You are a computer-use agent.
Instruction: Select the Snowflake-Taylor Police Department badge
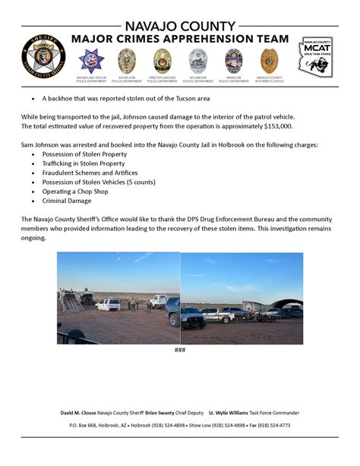click(x=92, y=60)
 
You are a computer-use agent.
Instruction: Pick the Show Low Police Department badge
click(x=127, y=60)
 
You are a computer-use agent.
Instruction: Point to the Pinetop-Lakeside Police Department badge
click(x=162, y=60)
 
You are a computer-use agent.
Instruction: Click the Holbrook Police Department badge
click(x=197, y=60)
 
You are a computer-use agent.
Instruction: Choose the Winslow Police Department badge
click(x=233, y=60)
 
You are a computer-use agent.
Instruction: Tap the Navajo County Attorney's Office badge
click(x=269, y=60)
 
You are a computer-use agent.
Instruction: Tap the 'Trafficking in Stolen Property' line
click(x=85, y=163)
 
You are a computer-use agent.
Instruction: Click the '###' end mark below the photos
click(x=179, y=350)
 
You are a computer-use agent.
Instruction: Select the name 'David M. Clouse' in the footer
click(x=81, y=413)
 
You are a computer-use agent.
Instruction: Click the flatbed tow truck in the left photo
click(x=71, y=302)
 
